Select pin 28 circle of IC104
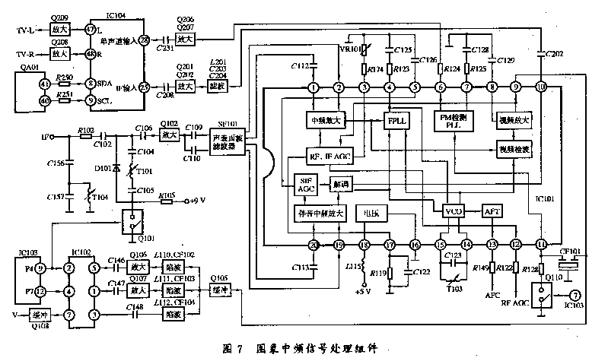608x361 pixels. tap(165, 37)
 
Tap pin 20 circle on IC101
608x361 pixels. tap(313, 245)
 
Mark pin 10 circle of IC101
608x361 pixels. tap(540, 87)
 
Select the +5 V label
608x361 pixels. tap(362, 290)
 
